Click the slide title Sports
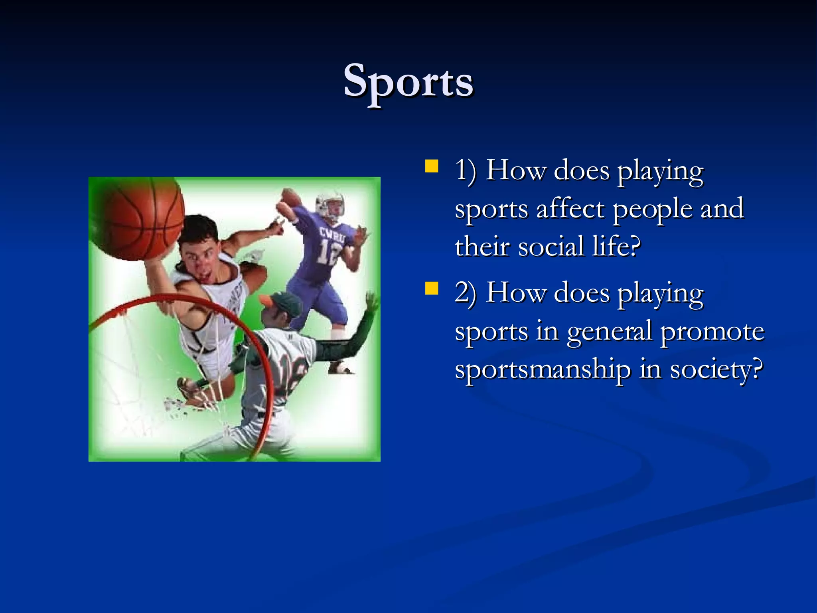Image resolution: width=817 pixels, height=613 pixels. [408, 82]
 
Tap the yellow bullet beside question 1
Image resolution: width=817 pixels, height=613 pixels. [432, 166]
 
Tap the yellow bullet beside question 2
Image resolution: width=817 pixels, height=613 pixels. [432, 288]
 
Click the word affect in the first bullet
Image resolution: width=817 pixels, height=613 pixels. [570, 209]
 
